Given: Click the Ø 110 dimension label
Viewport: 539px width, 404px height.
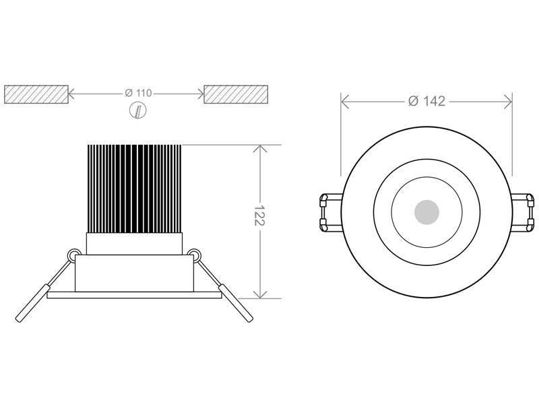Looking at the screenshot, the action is (x=138, y=93).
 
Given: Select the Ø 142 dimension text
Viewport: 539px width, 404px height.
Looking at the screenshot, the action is (x=426, y=102).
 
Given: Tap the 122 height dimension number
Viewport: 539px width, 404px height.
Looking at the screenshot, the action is (x=259, y=215).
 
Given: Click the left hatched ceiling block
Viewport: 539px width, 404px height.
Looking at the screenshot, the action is (x=36, y=94).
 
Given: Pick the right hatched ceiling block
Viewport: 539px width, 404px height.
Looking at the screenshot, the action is (x=236, y=94).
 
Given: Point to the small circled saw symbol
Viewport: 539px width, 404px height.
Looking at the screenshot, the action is (x=138, y=110).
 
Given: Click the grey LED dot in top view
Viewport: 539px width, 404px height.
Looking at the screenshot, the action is (x=426, y=212).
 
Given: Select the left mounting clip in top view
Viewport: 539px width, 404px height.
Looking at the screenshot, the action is (x=331, y=213).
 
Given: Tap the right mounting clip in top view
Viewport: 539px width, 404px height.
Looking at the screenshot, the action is (x=523, y=213).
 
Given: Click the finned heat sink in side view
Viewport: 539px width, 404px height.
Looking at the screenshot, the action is (x=134, y=189).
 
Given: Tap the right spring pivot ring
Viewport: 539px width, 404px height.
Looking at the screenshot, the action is (x=194, y=255).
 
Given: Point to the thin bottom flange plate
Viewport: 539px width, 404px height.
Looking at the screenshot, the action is (x=134, y=295).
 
